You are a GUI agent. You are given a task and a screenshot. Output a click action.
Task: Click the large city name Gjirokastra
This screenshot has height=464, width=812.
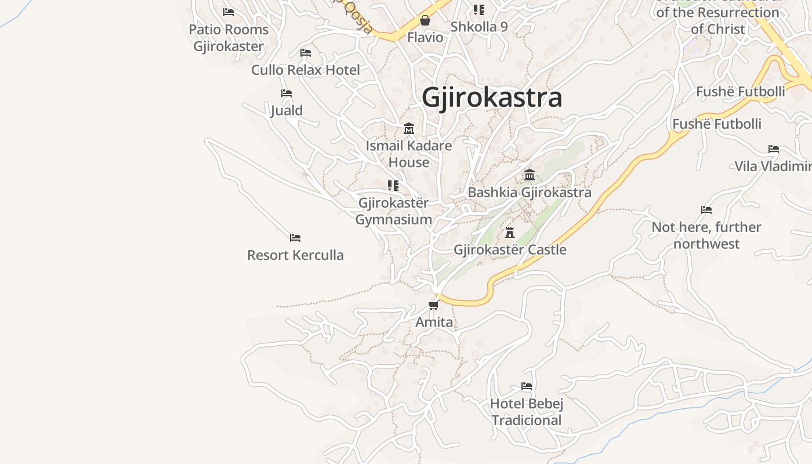[x=492, y=97]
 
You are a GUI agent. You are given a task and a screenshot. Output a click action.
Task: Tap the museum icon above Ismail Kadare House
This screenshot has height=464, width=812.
[x=409, y=128]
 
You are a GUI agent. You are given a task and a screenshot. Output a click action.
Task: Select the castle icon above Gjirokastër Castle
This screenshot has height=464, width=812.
[x=510, y=233]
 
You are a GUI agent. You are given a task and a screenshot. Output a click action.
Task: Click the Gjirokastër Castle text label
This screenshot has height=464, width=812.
[x=510, y=250]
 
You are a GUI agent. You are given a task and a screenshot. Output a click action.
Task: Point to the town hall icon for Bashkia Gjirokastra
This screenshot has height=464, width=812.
[x=530, y=175]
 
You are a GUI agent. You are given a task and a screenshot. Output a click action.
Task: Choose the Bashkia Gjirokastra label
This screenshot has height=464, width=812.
[x=530, y=193]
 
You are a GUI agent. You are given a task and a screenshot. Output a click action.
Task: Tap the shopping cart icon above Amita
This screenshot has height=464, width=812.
[x=434, y=305]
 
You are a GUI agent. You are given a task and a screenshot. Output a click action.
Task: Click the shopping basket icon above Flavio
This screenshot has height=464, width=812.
[x=425, y=20]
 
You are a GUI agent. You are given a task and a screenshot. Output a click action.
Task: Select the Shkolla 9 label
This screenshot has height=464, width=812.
[x=479, y=27]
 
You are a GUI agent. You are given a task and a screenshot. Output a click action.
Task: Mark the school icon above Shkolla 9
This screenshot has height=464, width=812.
[x=479, y=9]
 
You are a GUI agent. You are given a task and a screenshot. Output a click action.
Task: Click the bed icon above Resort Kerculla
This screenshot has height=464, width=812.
[x=295, y=238]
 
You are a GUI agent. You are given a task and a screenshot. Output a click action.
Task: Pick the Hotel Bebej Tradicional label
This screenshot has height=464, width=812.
[x=527, y=412]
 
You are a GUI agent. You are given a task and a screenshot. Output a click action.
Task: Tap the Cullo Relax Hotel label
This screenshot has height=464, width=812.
[x=306, y=70]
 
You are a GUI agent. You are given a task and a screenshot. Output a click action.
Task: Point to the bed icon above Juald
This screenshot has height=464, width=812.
[x=287, y=93]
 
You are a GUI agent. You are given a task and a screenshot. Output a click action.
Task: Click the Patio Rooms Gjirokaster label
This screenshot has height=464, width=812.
[x=229, y=38]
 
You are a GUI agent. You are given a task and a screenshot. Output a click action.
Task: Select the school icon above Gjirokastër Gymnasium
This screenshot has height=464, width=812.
[x=393, y=186]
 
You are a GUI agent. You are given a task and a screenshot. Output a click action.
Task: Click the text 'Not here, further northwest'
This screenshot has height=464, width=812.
[x=706, y=235]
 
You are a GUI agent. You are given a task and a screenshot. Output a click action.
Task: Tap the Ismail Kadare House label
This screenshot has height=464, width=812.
[x=409, y=154]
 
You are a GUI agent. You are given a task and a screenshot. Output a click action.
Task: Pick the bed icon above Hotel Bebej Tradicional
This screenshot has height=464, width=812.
[x=527, y=386]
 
